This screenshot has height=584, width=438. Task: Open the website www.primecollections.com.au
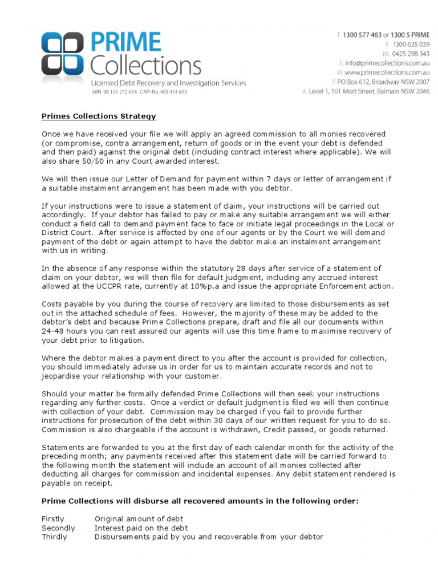[387, 72]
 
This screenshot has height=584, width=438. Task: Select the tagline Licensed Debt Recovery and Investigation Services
[169, 83]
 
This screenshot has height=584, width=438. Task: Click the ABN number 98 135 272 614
[120, 92]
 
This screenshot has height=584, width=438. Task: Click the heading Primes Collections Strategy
[98, 116]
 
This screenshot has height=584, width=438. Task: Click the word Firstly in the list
[53, 519]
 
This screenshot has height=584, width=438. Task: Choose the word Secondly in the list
[58, 528]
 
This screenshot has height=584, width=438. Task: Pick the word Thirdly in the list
[54, 537]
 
